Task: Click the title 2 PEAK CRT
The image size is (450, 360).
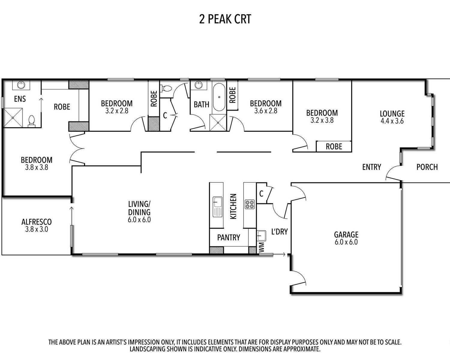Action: point(225,19)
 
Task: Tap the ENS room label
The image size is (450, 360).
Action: point(20,99)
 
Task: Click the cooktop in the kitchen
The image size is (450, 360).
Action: point(250,204)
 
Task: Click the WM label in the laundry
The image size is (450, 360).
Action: point(262,247)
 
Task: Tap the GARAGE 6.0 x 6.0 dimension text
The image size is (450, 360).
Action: point(346,242)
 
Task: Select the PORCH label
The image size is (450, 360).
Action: point(427,167)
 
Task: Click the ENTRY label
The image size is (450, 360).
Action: point(372,167)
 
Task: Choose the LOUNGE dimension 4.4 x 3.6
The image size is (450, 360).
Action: point(392,121)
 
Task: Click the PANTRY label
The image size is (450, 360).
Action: point(229,237)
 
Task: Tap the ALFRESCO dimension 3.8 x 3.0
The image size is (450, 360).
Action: point(37,229)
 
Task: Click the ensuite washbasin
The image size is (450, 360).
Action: point(21,85)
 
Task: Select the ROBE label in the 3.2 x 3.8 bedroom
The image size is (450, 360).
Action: point(334,146)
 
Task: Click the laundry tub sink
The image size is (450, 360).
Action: point(261,236)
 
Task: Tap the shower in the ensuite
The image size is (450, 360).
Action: point(13,118)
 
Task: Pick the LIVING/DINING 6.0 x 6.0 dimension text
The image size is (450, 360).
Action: point(139,220)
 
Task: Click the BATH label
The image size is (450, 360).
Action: point(201,104)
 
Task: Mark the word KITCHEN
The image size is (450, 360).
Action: point(233,206)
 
